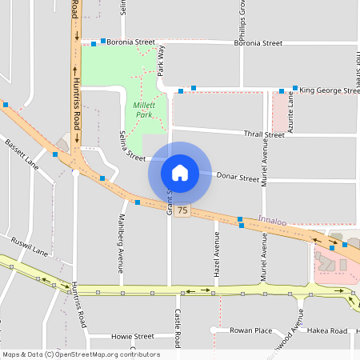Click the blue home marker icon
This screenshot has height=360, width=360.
(x=180, y=172)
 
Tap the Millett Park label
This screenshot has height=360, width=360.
(x=143, y=110)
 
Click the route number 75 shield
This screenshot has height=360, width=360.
(x=184, y=210)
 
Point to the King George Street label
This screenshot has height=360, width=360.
(x=330, y=90)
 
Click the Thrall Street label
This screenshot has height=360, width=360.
(x=264, y=134)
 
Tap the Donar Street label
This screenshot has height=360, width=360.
(x=238, y=177)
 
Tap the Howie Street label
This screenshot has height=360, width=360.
(x=132, y=337)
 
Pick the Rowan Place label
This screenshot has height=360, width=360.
(x=250, y=330)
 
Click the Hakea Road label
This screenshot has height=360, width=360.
(x=329, y=330)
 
